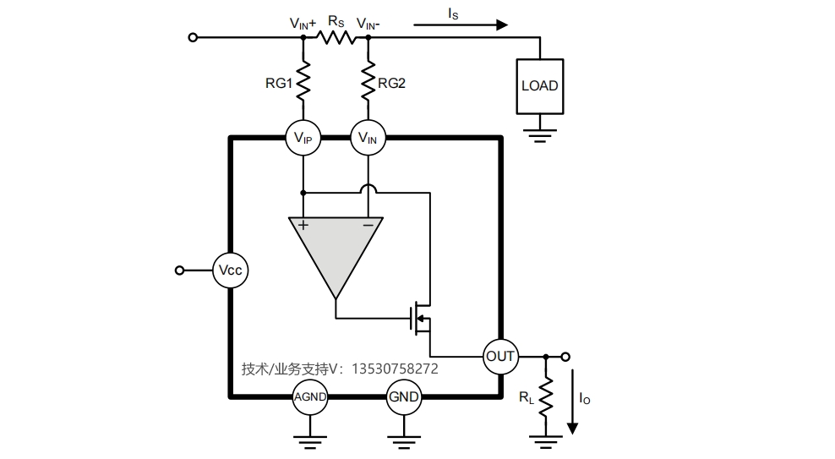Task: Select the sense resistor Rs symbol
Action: pyautogui.click(x=336, y=37)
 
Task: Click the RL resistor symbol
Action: pyautogui.click(x=546, y=396)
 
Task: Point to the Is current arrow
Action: pyautogui.click(x=461, y=25)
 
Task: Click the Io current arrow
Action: pyautogui.click(x=572, y=402)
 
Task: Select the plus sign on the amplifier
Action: pyautogui.click(x=303, y=225)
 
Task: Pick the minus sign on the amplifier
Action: pyautogui.click(x=368, y=225)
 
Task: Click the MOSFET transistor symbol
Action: pyautogui.click(x=421, y=319)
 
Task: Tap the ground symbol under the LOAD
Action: pyautogui.click(x=540, y=135)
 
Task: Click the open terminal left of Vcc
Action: pyautogui.click(x=179, y=270)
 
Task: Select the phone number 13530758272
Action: pyautogui.click(x=395, y=369)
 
